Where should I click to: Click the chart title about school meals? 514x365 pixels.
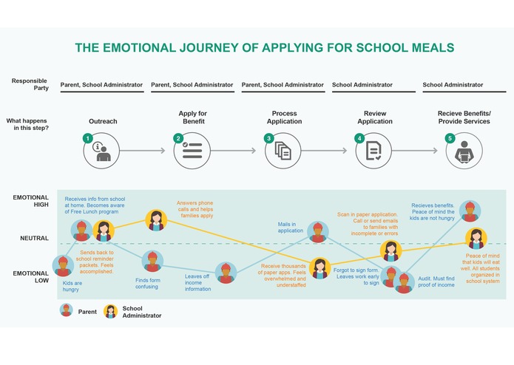pyautogui.click(x=264, y=48)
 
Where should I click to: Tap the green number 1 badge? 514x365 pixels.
pyautogui.click(x=88, y=138)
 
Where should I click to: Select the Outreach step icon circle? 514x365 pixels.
pyautogui.click(x=101, y=151)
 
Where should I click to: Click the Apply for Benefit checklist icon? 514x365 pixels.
pyautogui.click(x=192, y=151)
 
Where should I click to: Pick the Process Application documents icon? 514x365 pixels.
pyautogui.click(x=283, y=151)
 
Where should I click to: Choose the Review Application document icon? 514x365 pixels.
pyautogui.click(x=373, y=151)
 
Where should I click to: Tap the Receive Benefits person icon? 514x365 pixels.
pyautogui.click(x=464, y=151)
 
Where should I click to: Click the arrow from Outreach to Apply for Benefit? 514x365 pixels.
pyautogui.click(x=146, y=151)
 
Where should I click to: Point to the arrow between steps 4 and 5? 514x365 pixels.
pyautogui.click(x=419, y=151)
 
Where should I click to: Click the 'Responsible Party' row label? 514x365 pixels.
pyautogui.click(x=30, y=84)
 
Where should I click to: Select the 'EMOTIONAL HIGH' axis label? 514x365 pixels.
pyautogui.click(x=30, y=202)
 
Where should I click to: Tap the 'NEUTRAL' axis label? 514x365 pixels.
pyautogui.click(x=34, y=238)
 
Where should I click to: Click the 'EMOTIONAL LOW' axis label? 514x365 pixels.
pyautogui.click(x=30, y=278)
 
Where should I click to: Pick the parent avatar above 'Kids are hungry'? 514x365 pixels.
pyautogui.click(x=63, y=265)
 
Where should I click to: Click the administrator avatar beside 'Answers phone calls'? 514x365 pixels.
pyautogui.click(x=155, y=220)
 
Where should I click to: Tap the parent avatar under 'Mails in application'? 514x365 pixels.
pyautogui.click(x=318, y=232)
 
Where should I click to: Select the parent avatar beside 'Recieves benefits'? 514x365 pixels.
pyautogui.click(x=469, y=211)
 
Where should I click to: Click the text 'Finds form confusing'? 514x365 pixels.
pyautogui.click(x=147, y=284)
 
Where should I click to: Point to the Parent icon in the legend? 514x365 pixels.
pyautogui.click(x=67, y=310)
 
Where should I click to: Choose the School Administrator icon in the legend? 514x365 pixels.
pyautogui.click(x=110, y=311)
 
